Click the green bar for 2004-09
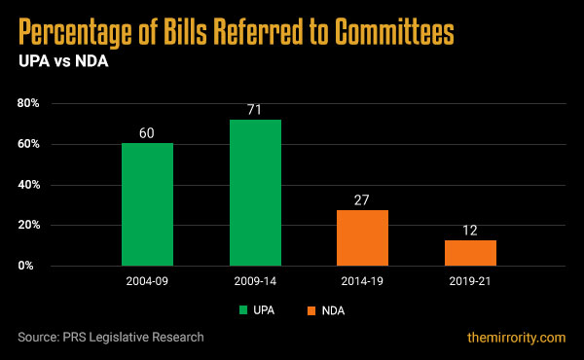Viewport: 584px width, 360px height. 147,204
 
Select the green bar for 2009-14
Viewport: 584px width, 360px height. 255,193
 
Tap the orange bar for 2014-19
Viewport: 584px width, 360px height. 362,237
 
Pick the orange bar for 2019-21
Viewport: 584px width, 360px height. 470,253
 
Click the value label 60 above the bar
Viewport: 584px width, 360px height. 147,131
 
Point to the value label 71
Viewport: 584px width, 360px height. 255,108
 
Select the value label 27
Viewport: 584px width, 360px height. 362,198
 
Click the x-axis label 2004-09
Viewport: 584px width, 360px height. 147,281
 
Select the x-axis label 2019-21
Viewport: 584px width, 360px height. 470,281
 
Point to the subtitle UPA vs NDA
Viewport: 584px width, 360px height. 59,60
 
